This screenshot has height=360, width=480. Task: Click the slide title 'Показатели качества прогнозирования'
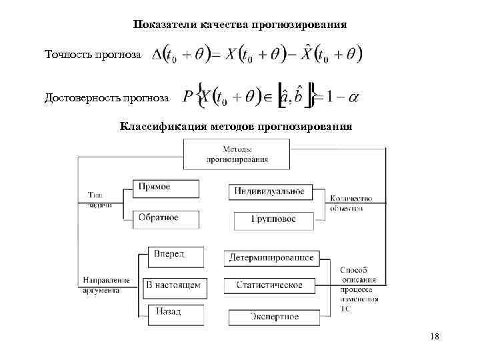[x=239, y=25]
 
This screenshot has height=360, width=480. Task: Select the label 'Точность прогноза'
[x=93, y=54]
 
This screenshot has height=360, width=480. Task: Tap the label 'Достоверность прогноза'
[x=107, y=99]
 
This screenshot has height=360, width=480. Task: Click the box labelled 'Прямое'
[x=166, y=188]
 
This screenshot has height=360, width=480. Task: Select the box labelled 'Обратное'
[x=166, y=219]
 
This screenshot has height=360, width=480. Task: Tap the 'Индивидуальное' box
[x=269, y=192]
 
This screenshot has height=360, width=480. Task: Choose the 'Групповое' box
[x=273, y=219]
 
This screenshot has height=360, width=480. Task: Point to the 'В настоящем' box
[x=173, y=287]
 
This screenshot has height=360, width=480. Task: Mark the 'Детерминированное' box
[x=271, y=257]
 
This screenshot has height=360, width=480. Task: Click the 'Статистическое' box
[x=269, y=285]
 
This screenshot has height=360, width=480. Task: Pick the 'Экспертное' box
[x=273, y=317]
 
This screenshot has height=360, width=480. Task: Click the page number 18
[x=435, y=337]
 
